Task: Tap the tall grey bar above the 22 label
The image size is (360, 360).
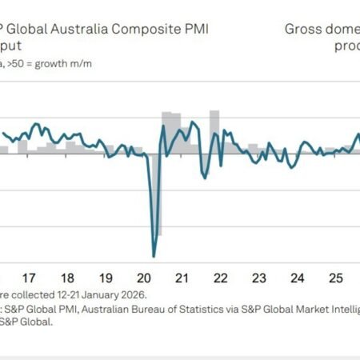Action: click(214, 132)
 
